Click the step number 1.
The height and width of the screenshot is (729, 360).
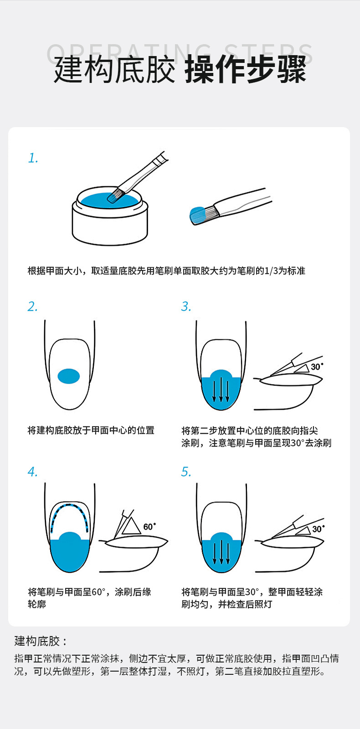(33, 158)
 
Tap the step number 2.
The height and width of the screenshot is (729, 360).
(32, 307)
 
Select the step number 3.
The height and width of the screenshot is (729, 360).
(186, 307)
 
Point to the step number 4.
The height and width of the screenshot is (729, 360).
(32, 472)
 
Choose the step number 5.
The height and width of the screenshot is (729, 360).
(186, 472)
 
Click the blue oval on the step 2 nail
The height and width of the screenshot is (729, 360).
(69, 376)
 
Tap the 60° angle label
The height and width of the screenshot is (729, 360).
(150, 527)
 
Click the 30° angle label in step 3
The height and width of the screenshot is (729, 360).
(317, 367)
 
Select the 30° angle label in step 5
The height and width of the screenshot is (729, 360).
(319, 529)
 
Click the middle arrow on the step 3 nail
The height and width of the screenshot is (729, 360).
(221, 389)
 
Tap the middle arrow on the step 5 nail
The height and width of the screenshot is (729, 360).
(221, 551)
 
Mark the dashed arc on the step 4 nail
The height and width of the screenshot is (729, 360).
(69, 505)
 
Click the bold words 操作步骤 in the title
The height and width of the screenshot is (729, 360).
(246, 69)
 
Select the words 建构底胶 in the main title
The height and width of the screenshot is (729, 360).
(114, 69)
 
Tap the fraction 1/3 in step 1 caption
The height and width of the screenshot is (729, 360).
(271, 271)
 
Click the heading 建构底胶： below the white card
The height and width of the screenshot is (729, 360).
(41, 641)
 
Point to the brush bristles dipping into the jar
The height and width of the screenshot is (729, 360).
(116, 195)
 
